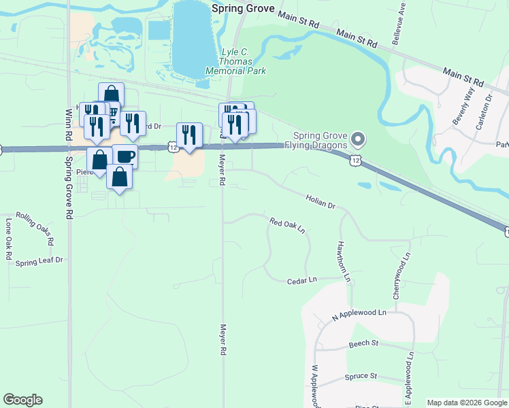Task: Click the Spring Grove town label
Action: [243, 9]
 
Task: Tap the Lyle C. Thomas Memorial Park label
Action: [243, 61]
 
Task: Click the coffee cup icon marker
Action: [126, 156]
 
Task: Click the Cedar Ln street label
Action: [302, 280]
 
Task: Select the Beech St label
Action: [363, 344]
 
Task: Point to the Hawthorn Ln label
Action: [343, 261]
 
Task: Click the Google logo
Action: [22, 400]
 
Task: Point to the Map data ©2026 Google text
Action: [467, 403]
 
